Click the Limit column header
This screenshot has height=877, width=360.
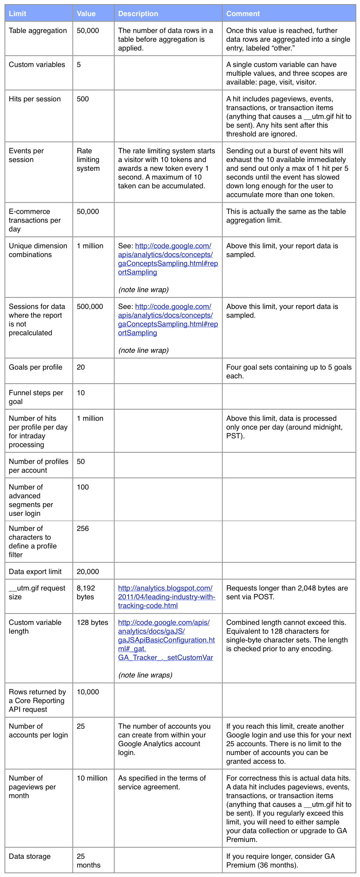click(18, 14)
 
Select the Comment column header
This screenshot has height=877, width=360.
click(243, 14)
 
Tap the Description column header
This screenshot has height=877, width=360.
click(138, 14)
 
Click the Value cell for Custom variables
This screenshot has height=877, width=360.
click(79, 65)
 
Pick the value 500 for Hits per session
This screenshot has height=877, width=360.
click(83, 99)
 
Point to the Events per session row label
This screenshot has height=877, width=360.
click(26, 155)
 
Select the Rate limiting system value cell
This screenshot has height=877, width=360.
click(88, 160)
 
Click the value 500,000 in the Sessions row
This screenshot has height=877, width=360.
click(90, 306)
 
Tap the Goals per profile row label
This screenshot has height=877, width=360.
click(35, 367)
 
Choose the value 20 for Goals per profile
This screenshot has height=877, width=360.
click(81, 367)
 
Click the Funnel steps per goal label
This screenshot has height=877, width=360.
click(36, 397)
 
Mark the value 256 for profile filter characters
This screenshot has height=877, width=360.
click(83, 528)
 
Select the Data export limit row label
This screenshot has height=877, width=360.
click(35, 572)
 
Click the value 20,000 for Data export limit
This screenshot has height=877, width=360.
click(88, 572)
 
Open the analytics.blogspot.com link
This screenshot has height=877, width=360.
click(167, 597)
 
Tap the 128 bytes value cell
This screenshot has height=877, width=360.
click(93, 622)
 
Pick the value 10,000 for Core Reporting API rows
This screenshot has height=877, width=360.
click(88, 692)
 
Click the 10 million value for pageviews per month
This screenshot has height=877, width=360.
click(92, 778)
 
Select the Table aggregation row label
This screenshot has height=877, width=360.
click(38, 31)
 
